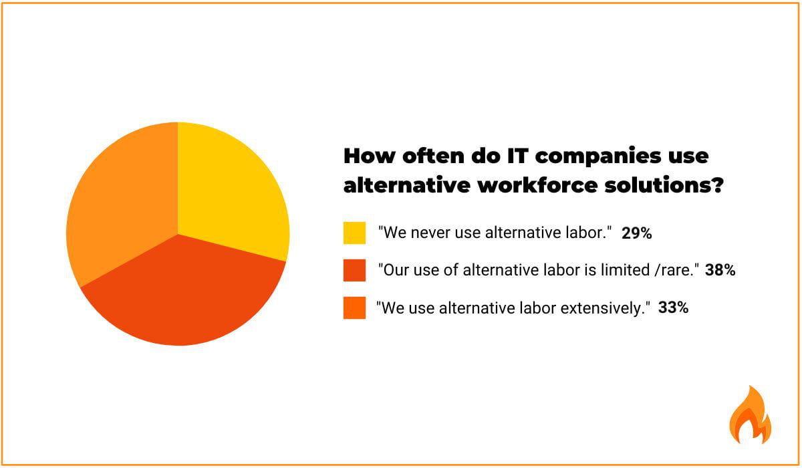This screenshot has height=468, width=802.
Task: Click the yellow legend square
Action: point(354,233)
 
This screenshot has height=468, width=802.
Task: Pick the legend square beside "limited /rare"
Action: point(354,271)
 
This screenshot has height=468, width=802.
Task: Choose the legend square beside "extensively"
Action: point(354,308)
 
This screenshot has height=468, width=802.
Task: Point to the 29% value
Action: point(636,233)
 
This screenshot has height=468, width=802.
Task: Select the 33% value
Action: point(673,308)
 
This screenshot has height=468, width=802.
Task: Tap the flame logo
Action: point(750,415)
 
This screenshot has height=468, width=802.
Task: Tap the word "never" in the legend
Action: point(425,233)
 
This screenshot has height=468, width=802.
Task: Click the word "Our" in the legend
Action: point(393,271)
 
